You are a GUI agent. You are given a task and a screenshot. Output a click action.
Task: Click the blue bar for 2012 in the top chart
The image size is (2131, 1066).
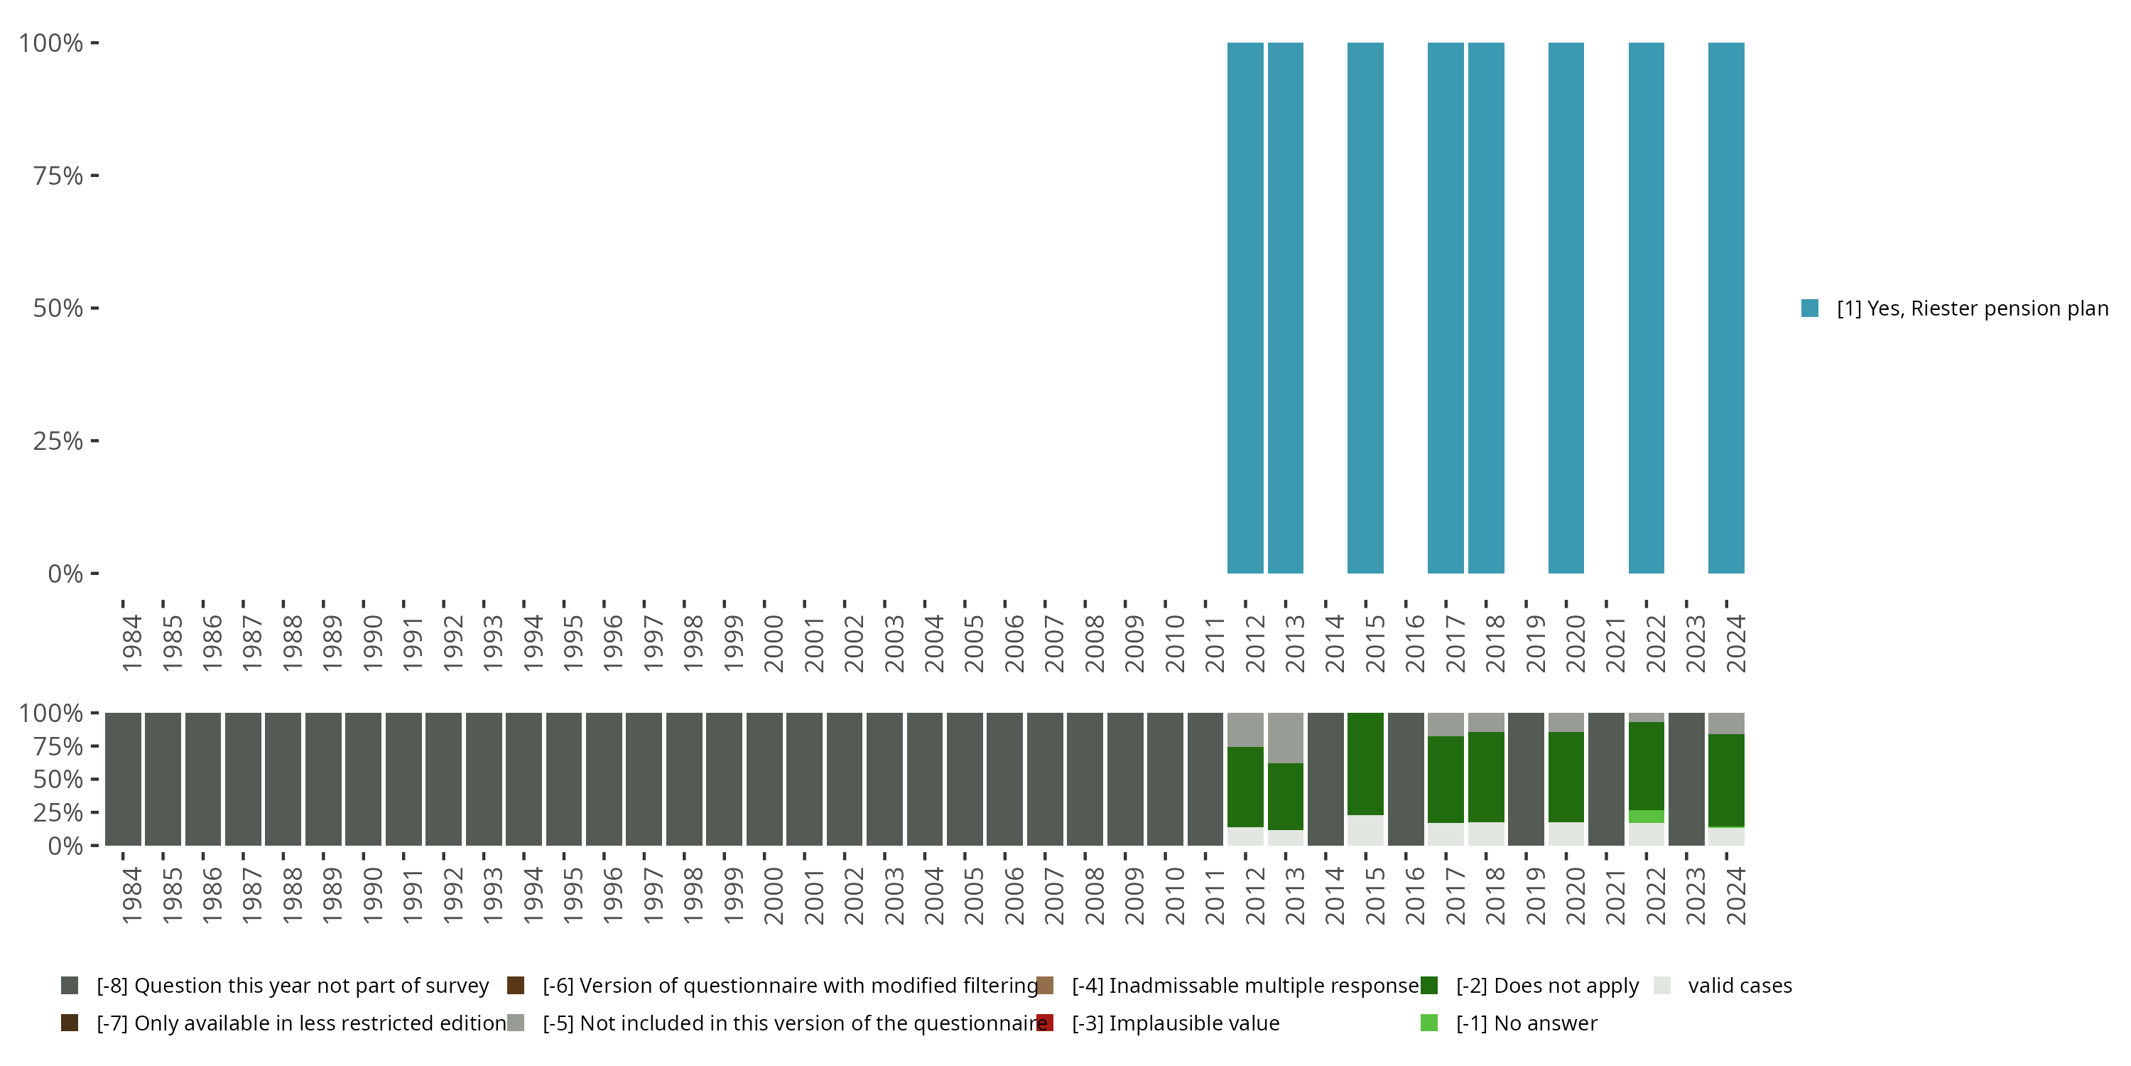pyautogui.click(x=1245, y=308)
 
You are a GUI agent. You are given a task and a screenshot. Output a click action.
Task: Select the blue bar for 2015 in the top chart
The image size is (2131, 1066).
pyautogui.click(x=1365, y=308)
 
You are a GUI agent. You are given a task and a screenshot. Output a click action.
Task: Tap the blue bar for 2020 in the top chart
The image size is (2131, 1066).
pyautogui.click(x=1566, y=308)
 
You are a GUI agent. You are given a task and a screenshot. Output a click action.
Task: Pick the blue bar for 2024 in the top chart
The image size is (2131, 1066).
pyautogui.click(x=1727, y=308)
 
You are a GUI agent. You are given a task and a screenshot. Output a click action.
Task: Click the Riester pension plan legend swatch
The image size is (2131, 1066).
pyautogui.click(x=1810, y=308)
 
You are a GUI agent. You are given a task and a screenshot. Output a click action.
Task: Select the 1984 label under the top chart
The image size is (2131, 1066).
pyautogui.click(x=131, y=643)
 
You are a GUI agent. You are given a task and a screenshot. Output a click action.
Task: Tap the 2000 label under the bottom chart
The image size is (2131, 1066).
pyautogui.click(x=774, y=895)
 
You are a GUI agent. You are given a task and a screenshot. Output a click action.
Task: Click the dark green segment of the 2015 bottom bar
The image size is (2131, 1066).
pyautogui.click(x=1365, y=763)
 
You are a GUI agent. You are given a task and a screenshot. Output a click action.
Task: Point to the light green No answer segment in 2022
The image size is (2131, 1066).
pyautogui.click(x=1647, y=816)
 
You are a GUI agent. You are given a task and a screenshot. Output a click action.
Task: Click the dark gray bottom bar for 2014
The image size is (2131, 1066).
pyautogui.click(x=1325, y=779)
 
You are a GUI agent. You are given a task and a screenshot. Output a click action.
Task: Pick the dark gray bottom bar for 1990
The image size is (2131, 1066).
pyautogui.click(x=363, y=779)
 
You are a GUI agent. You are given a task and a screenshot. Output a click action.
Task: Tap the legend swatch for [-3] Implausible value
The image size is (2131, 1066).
pyautogui.click(x=1045, y=1023)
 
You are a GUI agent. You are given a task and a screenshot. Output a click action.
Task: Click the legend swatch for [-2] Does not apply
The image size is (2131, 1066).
pyautogui.click(x=1428, y=986)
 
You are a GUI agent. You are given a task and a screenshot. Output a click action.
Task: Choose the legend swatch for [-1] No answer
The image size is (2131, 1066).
pyautogui.click(x=1428, y=1023)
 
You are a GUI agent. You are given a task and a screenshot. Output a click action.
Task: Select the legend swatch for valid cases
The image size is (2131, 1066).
pyautogui.click(x=1662, y=986)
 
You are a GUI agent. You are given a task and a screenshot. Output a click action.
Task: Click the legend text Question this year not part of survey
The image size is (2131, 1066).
pyautogui.click(x=293, y=986)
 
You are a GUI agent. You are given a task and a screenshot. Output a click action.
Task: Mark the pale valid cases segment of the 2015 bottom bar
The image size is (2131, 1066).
pyautogui.click(x=1365, y=830)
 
